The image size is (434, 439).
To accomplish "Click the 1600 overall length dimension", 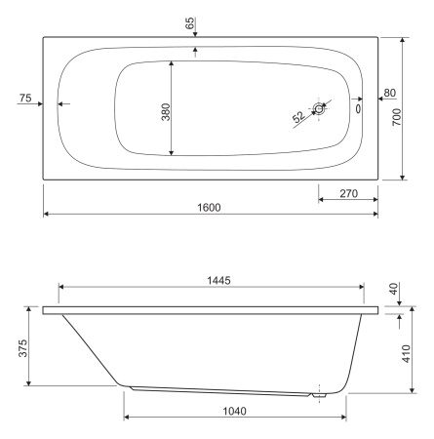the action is (209, 208).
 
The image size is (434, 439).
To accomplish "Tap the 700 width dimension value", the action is (397, 117).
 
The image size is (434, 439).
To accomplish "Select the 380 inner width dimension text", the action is (166, 112).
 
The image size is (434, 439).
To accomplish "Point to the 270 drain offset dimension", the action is (348, 194).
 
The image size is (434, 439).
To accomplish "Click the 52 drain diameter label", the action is (298, 117).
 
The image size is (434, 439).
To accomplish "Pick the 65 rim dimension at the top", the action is (190, 22).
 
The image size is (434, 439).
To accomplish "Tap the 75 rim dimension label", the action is (25, 98).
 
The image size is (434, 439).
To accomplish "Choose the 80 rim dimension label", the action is (390, 93).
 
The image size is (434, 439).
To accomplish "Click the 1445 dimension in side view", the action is (218, 280).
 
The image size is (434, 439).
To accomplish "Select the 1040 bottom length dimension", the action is (234, 412).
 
